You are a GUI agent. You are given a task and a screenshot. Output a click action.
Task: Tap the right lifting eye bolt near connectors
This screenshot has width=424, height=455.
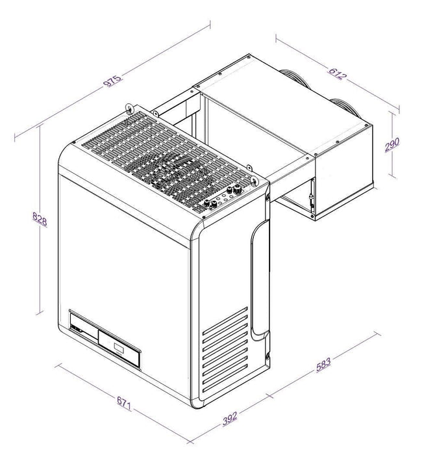point(252,174)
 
